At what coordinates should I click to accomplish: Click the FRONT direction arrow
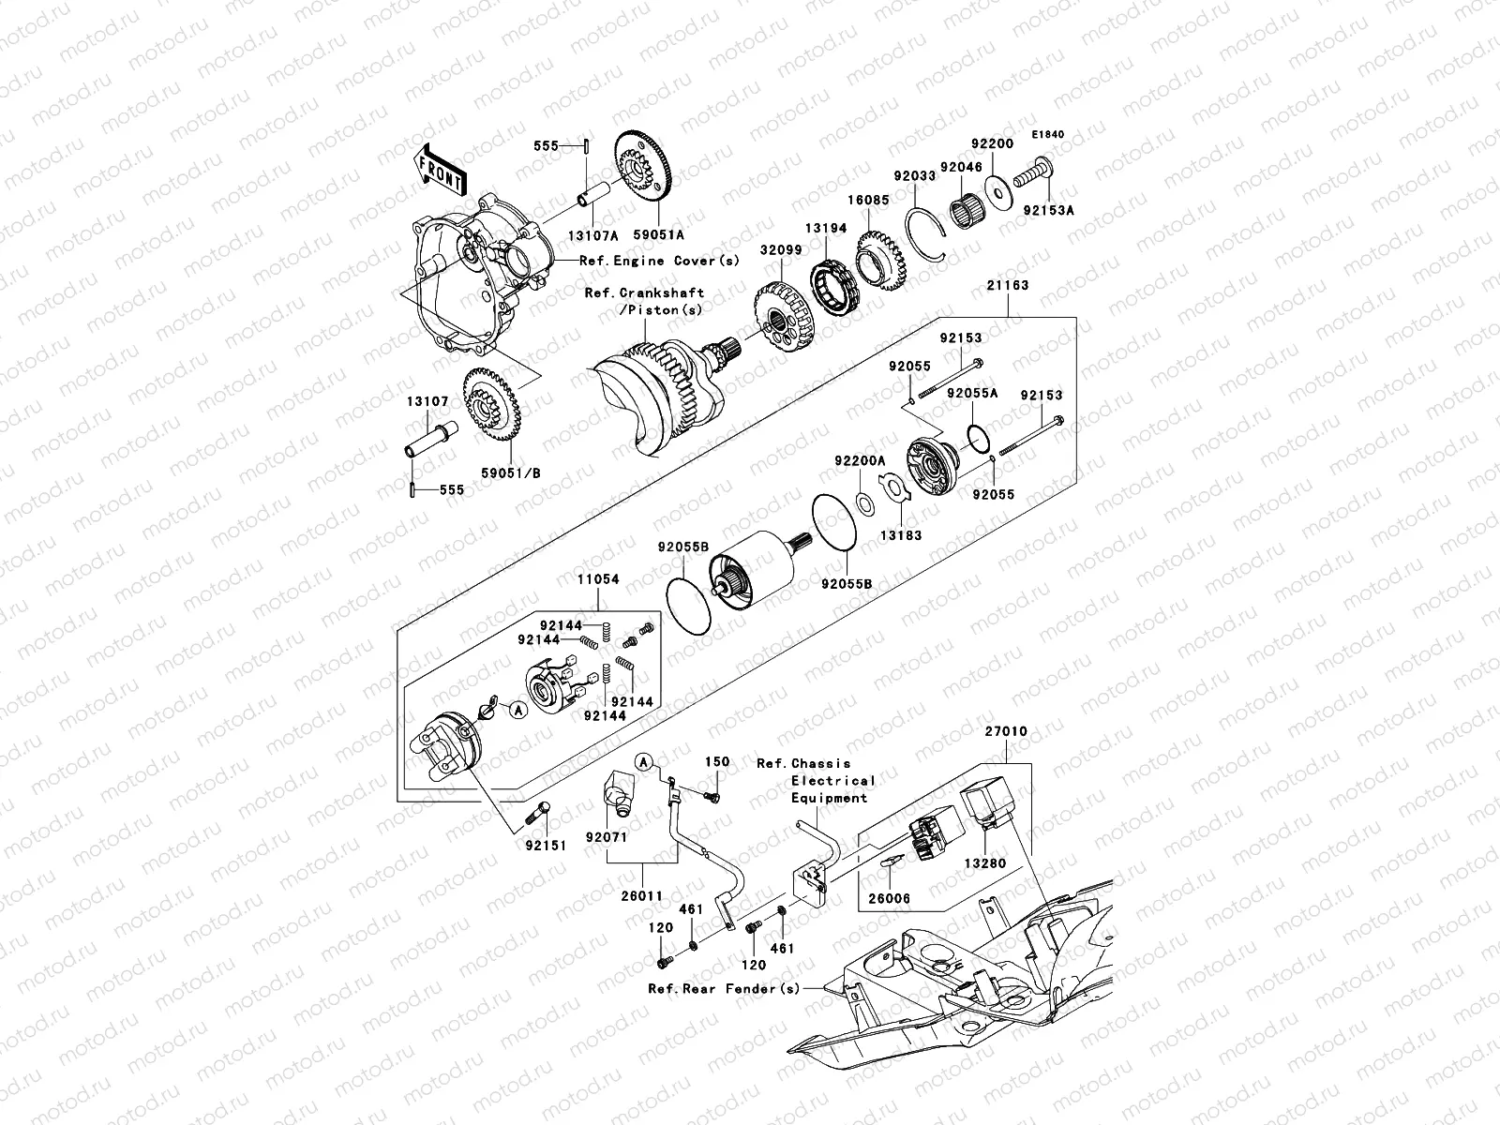tap(441, 168)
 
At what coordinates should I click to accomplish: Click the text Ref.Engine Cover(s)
tap(660, 261)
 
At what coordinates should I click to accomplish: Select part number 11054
tap(597, 580)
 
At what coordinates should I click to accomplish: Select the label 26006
tap(890, 898)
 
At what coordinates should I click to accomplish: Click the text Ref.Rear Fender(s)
tap(724, 988)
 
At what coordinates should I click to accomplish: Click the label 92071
tap(606, 836)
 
